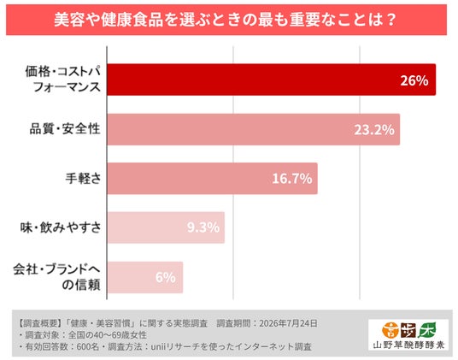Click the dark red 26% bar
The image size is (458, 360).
click(x=272, y=80)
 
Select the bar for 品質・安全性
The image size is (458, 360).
click(x=254, y=129)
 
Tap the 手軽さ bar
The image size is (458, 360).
click(x=213, y=179)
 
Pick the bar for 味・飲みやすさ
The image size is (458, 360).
click(x=166, y=227)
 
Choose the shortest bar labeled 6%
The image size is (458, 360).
click(x=145, y=277)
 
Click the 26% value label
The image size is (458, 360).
click(x=414, y=80)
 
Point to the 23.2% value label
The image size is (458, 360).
click(x=374, y=130)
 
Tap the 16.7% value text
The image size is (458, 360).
click(x=291, y=179)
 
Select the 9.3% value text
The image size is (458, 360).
click(x=203, y=227)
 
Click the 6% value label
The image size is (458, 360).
click(x=166, y=277)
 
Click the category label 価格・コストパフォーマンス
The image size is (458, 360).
click(x=62, y=80)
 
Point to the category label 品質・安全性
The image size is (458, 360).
click(x=65, y=129)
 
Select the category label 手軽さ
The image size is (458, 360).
click(x=83, y=178)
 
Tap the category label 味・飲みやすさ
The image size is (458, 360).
click(x=61, y=227)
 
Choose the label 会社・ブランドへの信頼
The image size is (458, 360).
click(x=57, y=277)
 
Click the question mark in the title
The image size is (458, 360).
click(x=392, y=20)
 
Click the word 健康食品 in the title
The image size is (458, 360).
click(x=132, y=20)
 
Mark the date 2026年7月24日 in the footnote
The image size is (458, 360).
click(x=288, y=323)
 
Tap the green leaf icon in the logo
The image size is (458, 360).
click(x=426, y=330)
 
